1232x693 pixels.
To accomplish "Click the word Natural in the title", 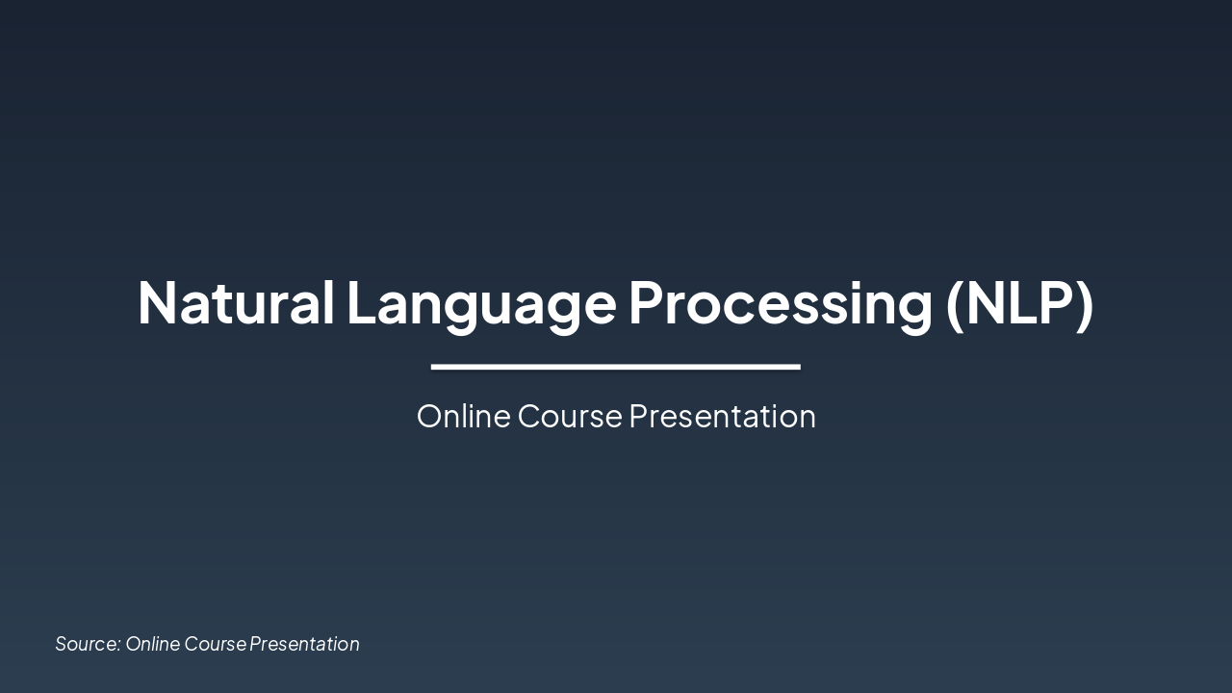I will (x=235, y=302).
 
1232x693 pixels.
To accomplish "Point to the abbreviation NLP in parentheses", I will (x=1019, y=302).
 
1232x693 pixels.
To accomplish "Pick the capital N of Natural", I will (x=157, y=302).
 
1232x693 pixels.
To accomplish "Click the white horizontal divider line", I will (x=616, y=367).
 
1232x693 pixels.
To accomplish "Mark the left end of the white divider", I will (x=434, y=367).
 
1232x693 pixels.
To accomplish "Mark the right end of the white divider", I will (x=798, y=367).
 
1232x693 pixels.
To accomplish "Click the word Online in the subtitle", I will (x=463, y=416).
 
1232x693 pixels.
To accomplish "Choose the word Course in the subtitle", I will (x=570, y=416).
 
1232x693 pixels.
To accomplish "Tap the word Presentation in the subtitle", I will (x=722, y=416).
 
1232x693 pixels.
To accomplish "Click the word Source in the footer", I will (x=86, y=644).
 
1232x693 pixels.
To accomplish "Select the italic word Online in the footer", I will (x=152, y=644).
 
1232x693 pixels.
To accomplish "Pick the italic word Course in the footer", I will (x=215, y=644).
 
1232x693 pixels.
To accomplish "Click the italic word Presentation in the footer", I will (x=304, y=644).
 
